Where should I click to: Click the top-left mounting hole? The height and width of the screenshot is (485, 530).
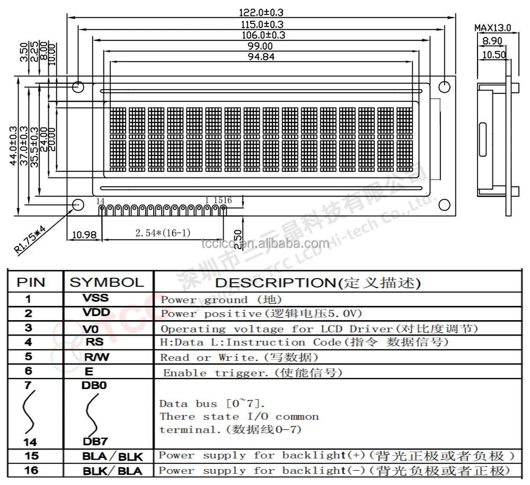(x=78, y=86)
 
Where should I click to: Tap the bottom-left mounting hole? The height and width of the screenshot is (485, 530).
(x=78, y=205)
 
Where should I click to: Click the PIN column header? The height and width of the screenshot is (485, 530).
(x=31, y=282)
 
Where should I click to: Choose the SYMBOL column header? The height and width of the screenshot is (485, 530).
(x=107, y=282)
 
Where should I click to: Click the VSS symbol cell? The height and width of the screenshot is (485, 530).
(x=95, y=298)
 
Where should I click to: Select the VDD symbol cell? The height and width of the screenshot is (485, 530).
(x=95, y=313)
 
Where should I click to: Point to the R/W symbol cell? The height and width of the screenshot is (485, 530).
(x=96, y=357)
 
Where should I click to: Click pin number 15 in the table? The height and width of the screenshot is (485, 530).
(x=31, y=455)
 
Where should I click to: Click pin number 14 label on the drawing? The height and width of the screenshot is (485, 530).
(x=100, y=200)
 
